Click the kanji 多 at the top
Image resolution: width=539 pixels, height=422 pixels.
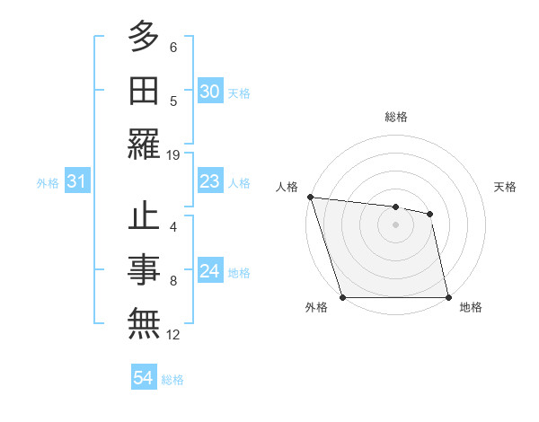click(144, 38)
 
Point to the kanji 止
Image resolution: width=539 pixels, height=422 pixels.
click(144, 218)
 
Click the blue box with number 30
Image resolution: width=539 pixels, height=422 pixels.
click(209, 92)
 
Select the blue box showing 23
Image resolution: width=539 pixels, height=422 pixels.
click(209, 181)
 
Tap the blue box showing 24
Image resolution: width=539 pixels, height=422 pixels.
click(209, 271)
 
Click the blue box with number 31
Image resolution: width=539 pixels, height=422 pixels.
click(76, 181)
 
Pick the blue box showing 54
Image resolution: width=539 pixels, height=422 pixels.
click(143, 378)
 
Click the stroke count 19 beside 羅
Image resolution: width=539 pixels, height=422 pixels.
click(173, 154)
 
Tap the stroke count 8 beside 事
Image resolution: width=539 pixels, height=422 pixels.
click(173, 281)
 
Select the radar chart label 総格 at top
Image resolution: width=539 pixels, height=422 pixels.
click(395, 117)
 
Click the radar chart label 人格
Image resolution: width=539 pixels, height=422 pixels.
click(287, 187)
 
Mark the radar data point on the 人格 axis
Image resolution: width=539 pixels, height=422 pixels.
click(310, 197)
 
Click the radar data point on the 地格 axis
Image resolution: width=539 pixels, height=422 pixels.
click(448, 297)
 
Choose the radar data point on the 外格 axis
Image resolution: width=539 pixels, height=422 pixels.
click(342, 297)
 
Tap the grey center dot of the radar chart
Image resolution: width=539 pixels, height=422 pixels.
click(395, 224)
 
